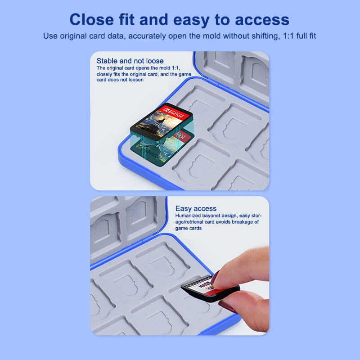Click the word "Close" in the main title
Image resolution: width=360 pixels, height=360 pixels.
92,19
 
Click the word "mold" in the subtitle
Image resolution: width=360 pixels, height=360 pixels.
211,36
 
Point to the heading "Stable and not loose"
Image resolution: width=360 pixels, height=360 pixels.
130,61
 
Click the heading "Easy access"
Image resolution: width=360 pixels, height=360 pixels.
196,208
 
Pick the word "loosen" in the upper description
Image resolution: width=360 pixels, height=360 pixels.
136,80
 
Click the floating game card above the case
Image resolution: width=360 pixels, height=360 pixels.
161,123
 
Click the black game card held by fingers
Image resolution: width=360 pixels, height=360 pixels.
210,288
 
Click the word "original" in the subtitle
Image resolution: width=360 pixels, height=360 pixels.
73,36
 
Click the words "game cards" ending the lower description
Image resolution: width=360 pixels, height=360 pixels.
189,229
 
